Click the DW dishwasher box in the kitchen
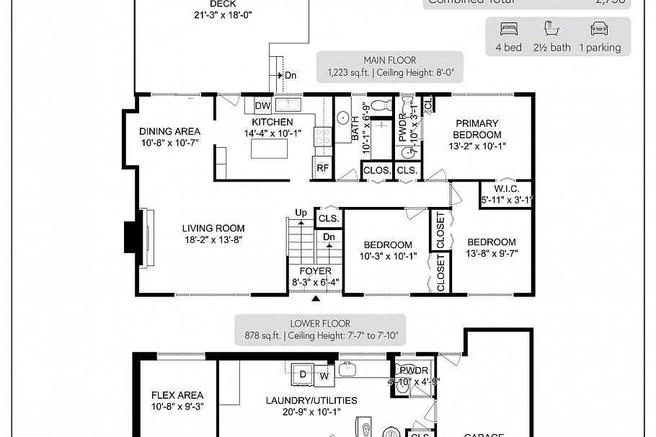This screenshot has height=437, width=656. point(262,107)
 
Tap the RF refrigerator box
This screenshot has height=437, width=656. point(322,168)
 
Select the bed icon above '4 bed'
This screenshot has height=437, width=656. point(508,29)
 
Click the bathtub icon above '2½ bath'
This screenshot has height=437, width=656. point(551,29)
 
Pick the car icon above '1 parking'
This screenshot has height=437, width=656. point(598,29)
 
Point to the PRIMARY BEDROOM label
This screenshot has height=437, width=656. point(477,129)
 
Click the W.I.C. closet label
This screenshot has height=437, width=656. point(506,189)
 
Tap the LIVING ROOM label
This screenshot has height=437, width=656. point(213,229)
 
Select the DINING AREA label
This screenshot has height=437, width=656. point(169,131)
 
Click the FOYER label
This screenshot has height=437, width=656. point(316,271)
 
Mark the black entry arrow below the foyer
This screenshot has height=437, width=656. point(316,298)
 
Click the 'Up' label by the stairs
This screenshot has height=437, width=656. point(301,213)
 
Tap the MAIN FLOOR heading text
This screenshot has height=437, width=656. point(389,61)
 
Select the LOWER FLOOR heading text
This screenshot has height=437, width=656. point(320,324)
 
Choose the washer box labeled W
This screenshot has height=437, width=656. point(324,375)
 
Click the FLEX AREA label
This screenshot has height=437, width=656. point(177,395)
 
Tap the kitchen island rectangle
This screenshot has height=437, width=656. point(268,148)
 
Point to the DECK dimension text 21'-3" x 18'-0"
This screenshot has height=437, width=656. point(223,14)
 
